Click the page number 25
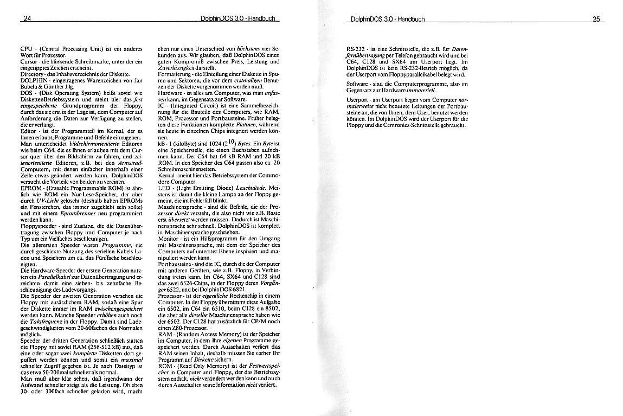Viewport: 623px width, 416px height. [596, 19]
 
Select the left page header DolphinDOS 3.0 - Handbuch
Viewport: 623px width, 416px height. [239, 19]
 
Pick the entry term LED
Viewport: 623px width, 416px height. [163, 187]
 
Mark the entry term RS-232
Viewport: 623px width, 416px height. [356, 50]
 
